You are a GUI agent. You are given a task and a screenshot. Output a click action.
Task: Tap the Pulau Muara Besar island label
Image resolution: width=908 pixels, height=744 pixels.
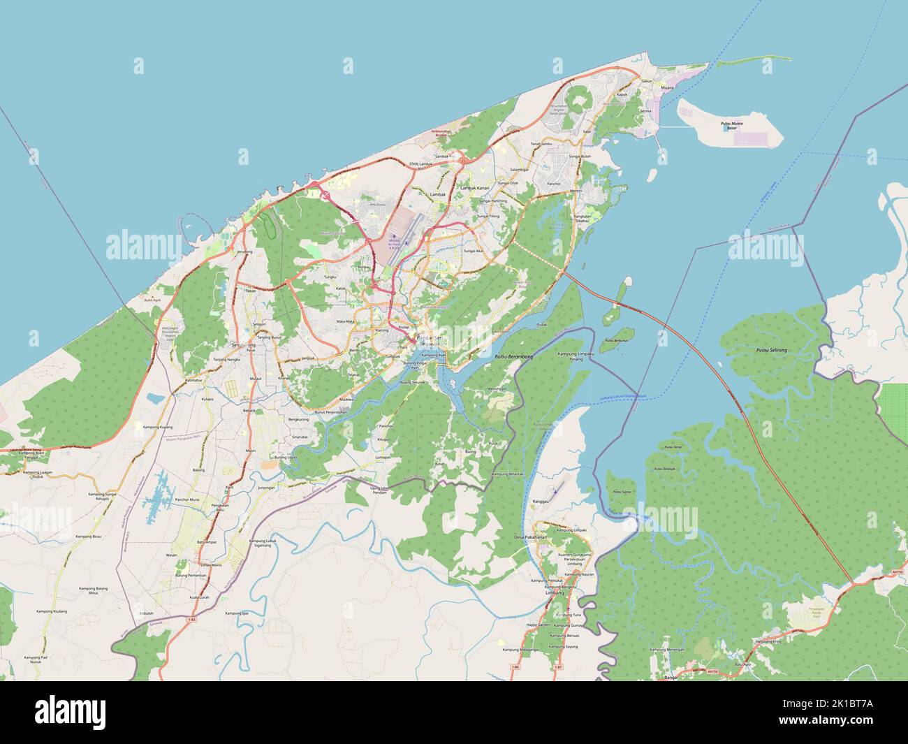[x=731, y=126]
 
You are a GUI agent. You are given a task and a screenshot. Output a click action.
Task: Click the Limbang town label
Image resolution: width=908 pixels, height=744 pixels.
[x=553, y=592]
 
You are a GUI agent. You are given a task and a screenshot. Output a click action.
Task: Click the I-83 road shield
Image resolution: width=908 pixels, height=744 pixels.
[x=192, y=619]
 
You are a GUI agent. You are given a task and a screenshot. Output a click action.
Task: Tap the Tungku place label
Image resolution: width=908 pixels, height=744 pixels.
[x=330, y=277]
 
